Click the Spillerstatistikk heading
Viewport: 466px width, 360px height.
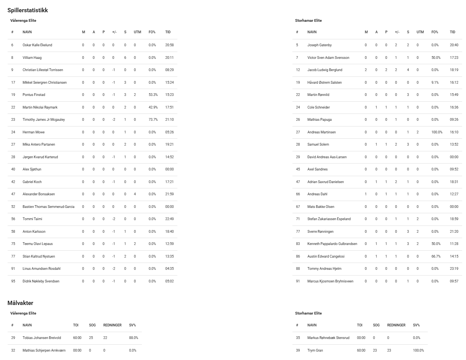[x=28, y=10]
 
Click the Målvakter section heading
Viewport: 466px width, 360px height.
[x=20, y=303]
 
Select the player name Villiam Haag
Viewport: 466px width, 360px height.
[x=32, y=58]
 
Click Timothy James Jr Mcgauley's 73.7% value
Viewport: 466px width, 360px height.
[x=153, y=120]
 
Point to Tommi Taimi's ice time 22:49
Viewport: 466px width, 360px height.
[x=169, y=219]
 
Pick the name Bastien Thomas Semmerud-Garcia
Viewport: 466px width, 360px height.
[x=49, y=207]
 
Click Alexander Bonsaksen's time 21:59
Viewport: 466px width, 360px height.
[x=169, y=194]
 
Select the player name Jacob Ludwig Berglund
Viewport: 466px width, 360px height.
[x=325, y=70]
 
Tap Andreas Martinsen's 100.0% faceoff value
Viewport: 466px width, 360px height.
[x=437, y=132]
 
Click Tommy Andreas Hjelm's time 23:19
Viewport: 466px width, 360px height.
[x=454, y=269]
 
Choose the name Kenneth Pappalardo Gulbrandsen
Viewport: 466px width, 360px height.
[x=332, y=244]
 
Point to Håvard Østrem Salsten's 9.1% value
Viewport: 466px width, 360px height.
[x=435, y=83]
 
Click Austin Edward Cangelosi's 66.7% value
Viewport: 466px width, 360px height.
[x=435, y=256]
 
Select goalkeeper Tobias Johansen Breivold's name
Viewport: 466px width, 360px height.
[x=42, y=338]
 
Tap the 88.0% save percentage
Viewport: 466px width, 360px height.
[x=133, y=338]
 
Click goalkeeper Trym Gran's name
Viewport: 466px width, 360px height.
[x=315, y=350]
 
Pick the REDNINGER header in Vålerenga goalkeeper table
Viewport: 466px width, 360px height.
[x=112, y=325]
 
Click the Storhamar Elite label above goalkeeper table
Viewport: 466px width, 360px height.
[x=309, y=313]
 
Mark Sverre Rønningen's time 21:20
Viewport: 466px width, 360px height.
[x=454, y=232]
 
